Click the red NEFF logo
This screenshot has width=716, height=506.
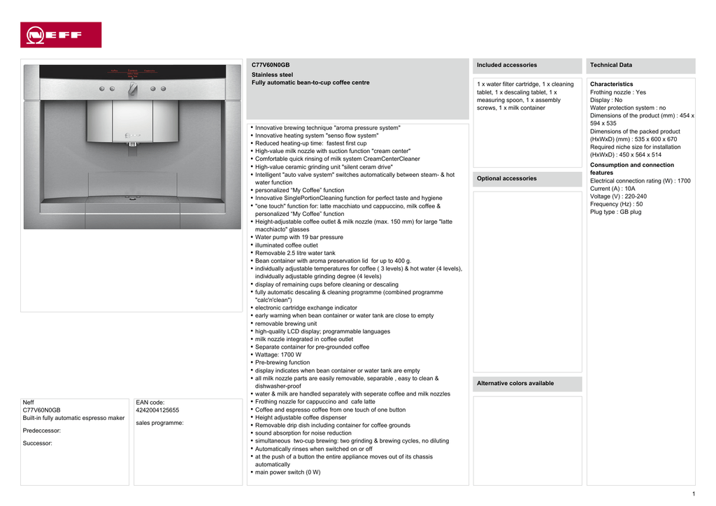point(61,34)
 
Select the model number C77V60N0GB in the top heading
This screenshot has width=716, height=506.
point(270,65)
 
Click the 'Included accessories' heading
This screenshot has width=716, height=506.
point(507,65)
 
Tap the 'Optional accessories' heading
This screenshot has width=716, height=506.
point(507,178)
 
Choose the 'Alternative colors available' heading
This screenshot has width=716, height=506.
point(515,383)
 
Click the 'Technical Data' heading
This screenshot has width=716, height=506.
point(611,65)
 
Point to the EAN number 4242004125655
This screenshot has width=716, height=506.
point(157,410)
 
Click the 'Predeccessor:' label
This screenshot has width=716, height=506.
point(42,431)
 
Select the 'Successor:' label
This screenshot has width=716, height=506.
point(38,443)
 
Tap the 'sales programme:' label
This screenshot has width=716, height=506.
point(159,423)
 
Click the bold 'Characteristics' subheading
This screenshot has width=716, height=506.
point(612,84)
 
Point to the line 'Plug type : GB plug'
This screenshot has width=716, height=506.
point(615,212)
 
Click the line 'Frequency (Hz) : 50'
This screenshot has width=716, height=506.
point(616,204)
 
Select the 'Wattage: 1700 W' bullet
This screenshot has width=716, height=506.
point(278,355)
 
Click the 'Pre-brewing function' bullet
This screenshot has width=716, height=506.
point(282,363)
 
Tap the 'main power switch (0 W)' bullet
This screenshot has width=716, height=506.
point(287,472)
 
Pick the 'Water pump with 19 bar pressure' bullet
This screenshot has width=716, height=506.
point(299,238)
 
